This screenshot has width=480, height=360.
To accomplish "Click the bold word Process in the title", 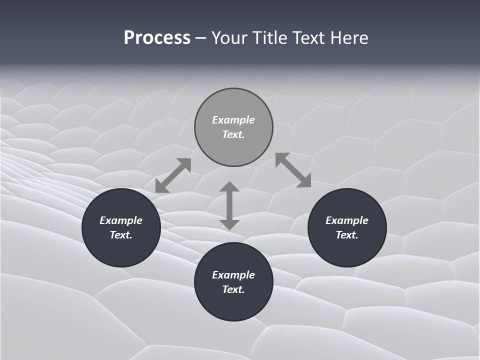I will (x=157, y=38).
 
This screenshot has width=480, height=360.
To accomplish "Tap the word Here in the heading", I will (x=349, y=38).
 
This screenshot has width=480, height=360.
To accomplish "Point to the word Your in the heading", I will (x=230, y=38).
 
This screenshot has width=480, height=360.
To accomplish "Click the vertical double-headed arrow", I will (x=229, y=205).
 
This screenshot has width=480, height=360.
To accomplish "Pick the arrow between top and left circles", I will (x=173, y=175).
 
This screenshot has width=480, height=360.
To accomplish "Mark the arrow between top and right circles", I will (x=293, y=170).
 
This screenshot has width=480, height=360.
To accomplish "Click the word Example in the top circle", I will (x=233, y=120).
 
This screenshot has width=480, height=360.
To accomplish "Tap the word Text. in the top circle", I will (x=233, y=134).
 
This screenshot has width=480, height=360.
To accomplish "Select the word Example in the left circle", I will (x=121, y=220).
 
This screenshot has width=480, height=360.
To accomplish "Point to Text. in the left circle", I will (x=121, y=235).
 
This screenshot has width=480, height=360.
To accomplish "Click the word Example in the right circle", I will (x=347, y=220).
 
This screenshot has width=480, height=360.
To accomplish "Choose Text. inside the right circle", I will (x=347, y=235).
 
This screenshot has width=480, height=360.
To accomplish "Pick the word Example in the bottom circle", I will (x=233, y=275).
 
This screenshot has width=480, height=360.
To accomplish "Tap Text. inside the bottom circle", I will (x=233, y=289).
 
